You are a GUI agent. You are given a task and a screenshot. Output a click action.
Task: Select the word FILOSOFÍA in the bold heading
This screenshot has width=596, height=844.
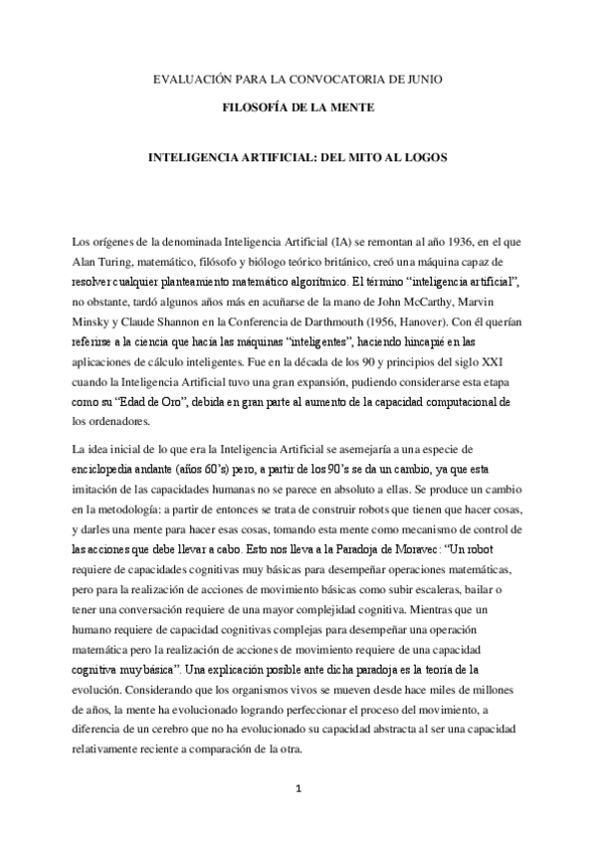coord(255,106)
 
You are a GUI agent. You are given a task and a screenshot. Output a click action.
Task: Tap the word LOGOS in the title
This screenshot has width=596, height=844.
coord(426,157)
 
